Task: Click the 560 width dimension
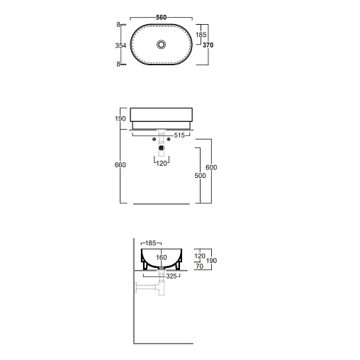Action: (162, 18)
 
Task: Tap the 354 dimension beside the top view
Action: (120, 45)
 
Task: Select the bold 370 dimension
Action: (208, 45)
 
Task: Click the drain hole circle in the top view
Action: (162, 44)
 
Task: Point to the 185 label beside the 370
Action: (201, 35)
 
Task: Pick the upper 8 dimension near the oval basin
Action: (118, 25)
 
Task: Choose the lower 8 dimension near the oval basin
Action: (118, 64)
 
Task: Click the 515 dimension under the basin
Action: (179, 135)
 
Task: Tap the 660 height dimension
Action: (120, 164)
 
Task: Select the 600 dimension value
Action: (211, 167)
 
